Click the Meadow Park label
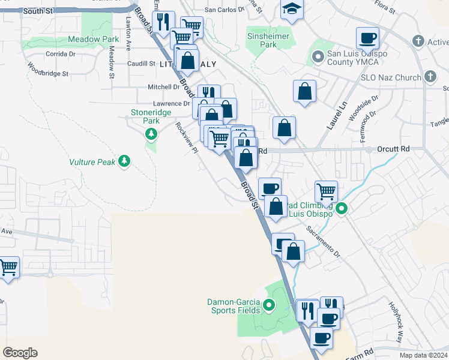tap(93, 39)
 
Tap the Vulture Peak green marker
tap(124, 161)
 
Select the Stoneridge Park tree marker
tap(151, 133)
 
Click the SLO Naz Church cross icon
tap(430, 77)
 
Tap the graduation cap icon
tap(292, 8)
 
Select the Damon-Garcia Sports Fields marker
tap(269, 306)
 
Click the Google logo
tap(20, 353)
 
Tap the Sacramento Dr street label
tap(324, 239)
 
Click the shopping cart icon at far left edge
tap(8, 266)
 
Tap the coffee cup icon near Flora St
tap(367, 38)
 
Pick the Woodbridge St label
tap(48, 73)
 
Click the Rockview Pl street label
tap(187, 138)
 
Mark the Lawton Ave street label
tap(128, 34)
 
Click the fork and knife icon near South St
tap(163, 22)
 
